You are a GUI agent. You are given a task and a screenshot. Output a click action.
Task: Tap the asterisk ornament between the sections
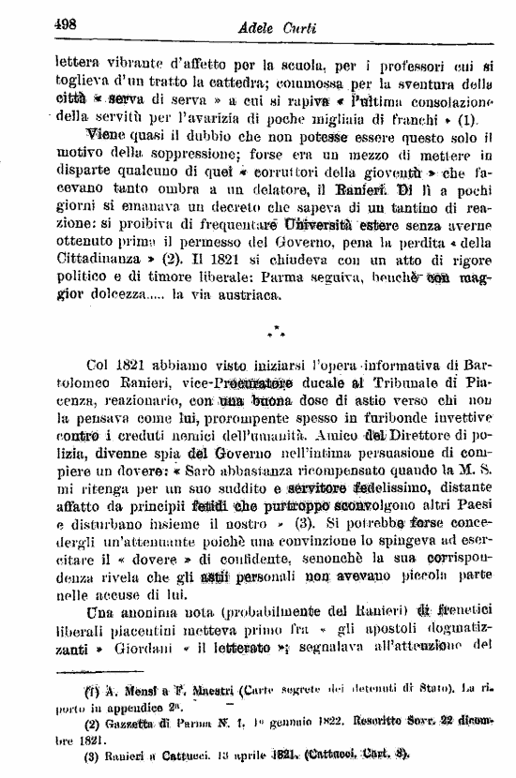tap(274, 333)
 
